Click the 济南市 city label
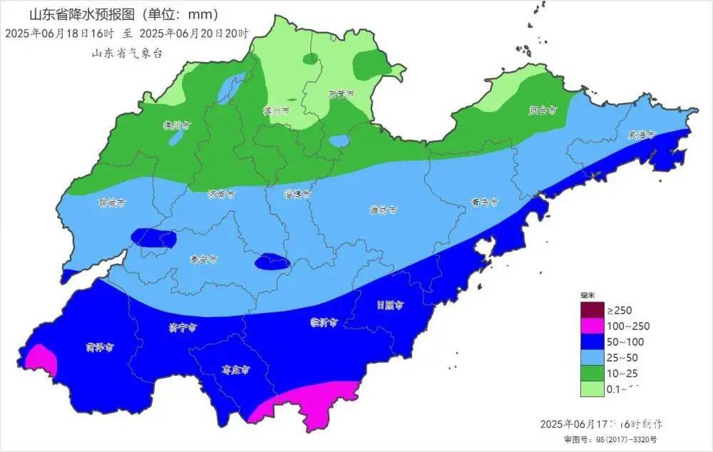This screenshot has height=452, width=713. coord(220,194)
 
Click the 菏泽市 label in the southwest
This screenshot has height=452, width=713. coord(100,348)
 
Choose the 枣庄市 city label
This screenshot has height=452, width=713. coord(236,371)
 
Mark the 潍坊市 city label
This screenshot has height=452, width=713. coord(383,210)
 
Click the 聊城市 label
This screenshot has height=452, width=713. coord(111,203)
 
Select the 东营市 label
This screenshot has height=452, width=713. coord(342,94)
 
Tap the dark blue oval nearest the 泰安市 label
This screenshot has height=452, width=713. coord(272,262)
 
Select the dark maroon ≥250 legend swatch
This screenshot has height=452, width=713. coord(591,310)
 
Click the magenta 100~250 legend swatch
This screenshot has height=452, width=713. coord(591,326)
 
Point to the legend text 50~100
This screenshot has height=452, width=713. coord(623,341)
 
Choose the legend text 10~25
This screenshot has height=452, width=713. coord(622,373)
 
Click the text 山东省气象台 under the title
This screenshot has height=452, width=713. coord(127,53)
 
